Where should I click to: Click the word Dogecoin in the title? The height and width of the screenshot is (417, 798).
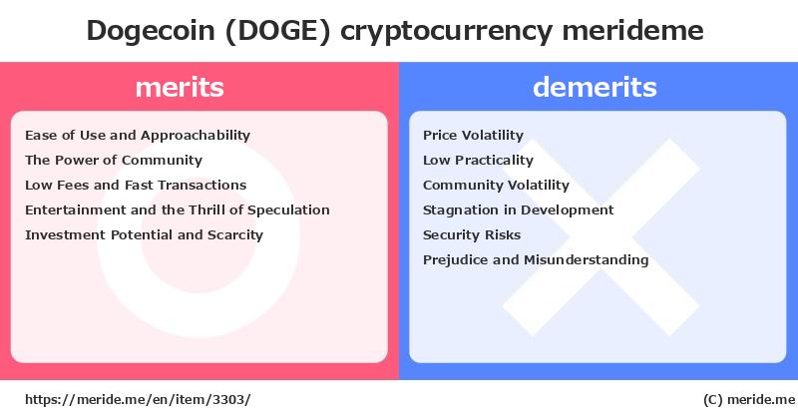click(151, 31)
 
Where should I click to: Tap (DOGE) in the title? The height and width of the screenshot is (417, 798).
click(278, 31)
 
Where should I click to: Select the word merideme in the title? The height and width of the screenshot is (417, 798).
click(632, 30)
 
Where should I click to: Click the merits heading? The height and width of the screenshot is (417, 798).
click(180, 87)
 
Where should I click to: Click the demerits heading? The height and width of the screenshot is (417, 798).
click(595, 87)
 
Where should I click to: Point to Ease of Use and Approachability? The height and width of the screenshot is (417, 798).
click(138, 136)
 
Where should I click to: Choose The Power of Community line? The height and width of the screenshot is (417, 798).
click(114, 160)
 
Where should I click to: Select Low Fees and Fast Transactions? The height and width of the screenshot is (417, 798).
click(136, 185)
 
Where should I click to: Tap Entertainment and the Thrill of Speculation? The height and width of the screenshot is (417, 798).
click(178, 209)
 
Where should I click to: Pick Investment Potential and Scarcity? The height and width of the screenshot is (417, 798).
click(144, 234)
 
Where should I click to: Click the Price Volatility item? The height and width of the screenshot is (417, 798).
click(473, 136)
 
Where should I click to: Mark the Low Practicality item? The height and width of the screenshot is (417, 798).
click(478, 161)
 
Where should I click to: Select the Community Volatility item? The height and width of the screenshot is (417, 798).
click(496, 186)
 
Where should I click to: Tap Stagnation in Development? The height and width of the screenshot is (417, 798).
click(518, 209)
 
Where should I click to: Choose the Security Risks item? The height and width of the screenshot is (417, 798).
click(472, 234)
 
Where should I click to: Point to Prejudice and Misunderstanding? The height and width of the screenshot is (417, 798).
click(536, 259)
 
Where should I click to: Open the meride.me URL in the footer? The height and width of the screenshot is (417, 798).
click(138, 400)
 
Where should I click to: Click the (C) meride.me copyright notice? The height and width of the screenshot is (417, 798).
click(749, 400)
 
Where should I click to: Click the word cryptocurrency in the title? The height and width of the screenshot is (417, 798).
click(446, 32)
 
